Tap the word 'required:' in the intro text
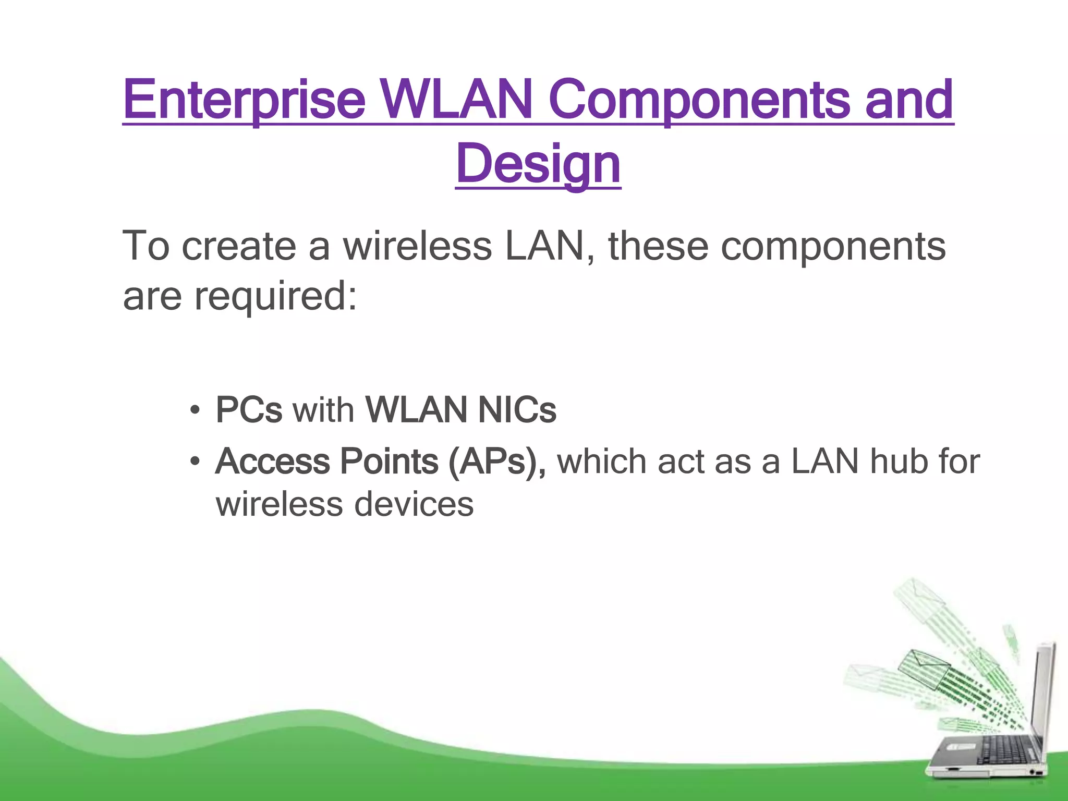[275, 296]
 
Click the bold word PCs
[249, 410]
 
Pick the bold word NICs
[517, 410]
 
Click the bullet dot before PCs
[195, 410]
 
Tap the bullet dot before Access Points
[195, 462]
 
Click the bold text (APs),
[496, 462]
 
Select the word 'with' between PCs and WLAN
[323, 410]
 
